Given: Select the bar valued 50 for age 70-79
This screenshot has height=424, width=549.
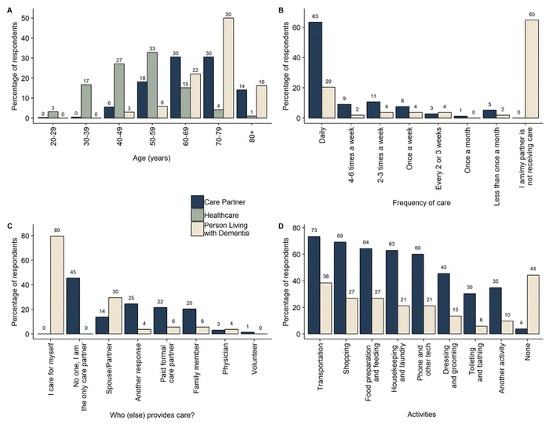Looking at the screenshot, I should click(228, 68).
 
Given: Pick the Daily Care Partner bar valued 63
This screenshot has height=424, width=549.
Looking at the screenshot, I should click(314, 70).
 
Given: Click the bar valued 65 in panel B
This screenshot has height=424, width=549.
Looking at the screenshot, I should click(531, 69).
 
